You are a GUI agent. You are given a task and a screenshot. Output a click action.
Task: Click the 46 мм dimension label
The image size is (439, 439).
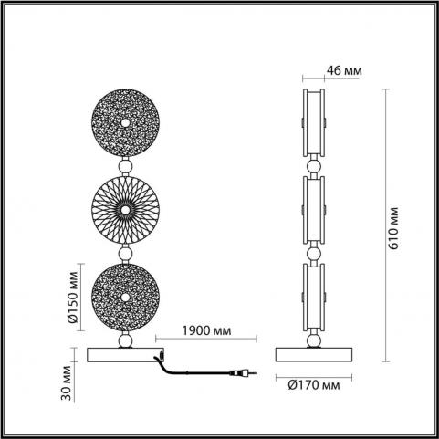[x=344, y=70]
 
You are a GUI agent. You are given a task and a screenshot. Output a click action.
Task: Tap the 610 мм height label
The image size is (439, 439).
[x=393, y=228]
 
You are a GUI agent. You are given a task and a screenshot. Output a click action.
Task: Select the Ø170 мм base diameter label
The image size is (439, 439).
[x=314, y=385]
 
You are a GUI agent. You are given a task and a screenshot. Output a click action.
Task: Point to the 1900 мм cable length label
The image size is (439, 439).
[x=206, y=330]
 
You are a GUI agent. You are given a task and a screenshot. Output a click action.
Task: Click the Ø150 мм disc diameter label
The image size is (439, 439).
[x=72, y=297]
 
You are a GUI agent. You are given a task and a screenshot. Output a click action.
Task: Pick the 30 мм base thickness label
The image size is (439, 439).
[x=66, y=383]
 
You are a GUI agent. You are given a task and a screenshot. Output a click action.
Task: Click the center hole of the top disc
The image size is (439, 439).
[x=125, y=123]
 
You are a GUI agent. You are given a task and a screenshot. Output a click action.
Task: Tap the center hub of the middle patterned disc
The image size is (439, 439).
[x=125, y=210]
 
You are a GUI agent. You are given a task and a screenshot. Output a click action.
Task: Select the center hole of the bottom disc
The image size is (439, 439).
[x=125, y=298]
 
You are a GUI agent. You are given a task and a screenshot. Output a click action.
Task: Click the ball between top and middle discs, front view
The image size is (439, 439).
[x=125, y=167]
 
